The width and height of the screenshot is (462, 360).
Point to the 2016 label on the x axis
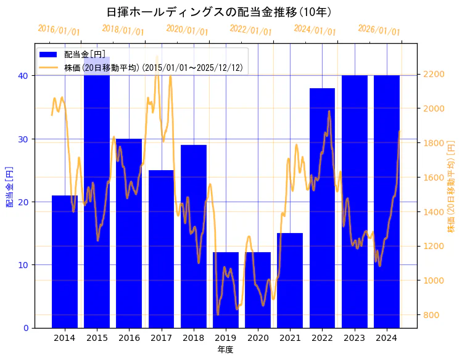click(129, 338)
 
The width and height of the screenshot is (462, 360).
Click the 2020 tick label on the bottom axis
click(258, 338)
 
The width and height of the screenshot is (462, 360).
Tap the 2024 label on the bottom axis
click(386, 338)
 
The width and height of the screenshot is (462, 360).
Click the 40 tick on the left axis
click(23, 76)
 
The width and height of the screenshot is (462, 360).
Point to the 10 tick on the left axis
click(23, 265)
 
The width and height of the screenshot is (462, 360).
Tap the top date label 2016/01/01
click(59, 30)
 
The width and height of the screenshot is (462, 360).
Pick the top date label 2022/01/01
click(250, 30)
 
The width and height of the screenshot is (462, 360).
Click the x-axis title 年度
click(225, 350)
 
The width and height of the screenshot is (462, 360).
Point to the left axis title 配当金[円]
click(10, 186)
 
